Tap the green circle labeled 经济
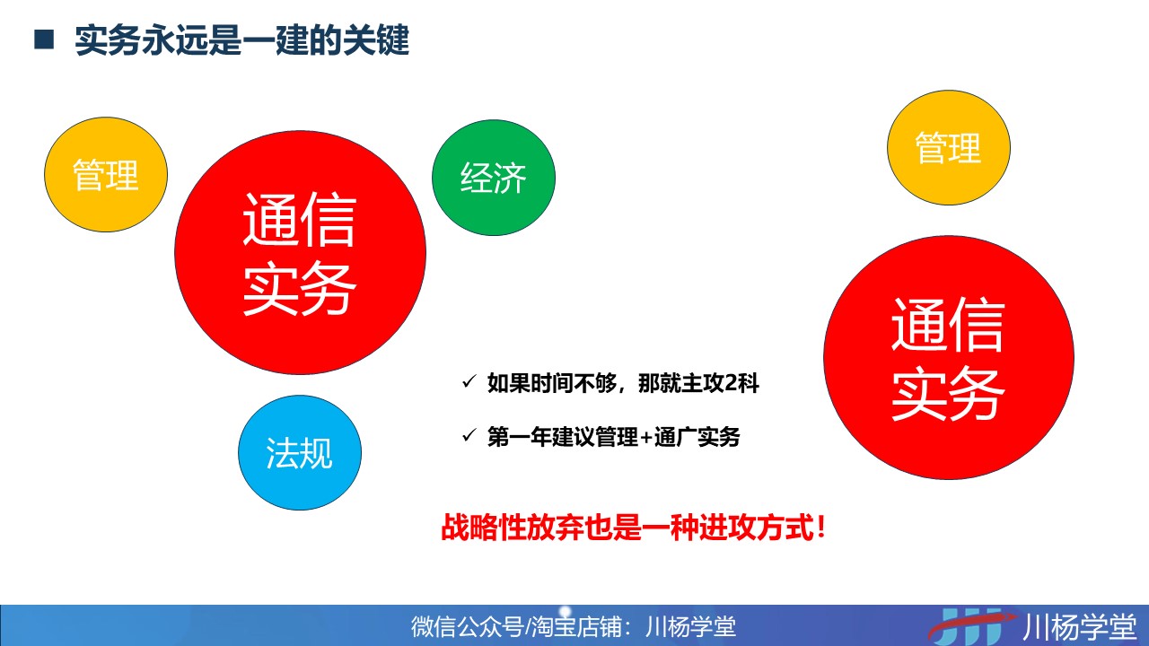pyautogui.click(x=494, y=178)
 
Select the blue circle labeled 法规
pyautogui.click(x=300, y=453)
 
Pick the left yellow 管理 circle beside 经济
pyautogui.click(x=106, y=174)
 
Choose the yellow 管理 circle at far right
pyautogui.click(x=949, y=148)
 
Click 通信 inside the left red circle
pyautogui.click(x=300, y=220)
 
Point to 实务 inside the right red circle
pyautogui.click(x=948, y=393)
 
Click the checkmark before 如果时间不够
pyautogui.click(x=469, y=381)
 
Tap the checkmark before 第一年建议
pyautogui.click(x=469, y=436)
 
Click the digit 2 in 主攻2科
pyautogui.click(x=731, y=383)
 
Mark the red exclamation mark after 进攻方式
pyautogui.click(x=821, y=527)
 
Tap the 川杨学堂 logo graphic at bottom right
pyautogui.click(x=972, y=626)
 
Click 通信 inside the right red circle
pyautogui.click(x=948, y=324)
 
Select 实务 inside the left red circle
pyautogui.click(x=300, y=288)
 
